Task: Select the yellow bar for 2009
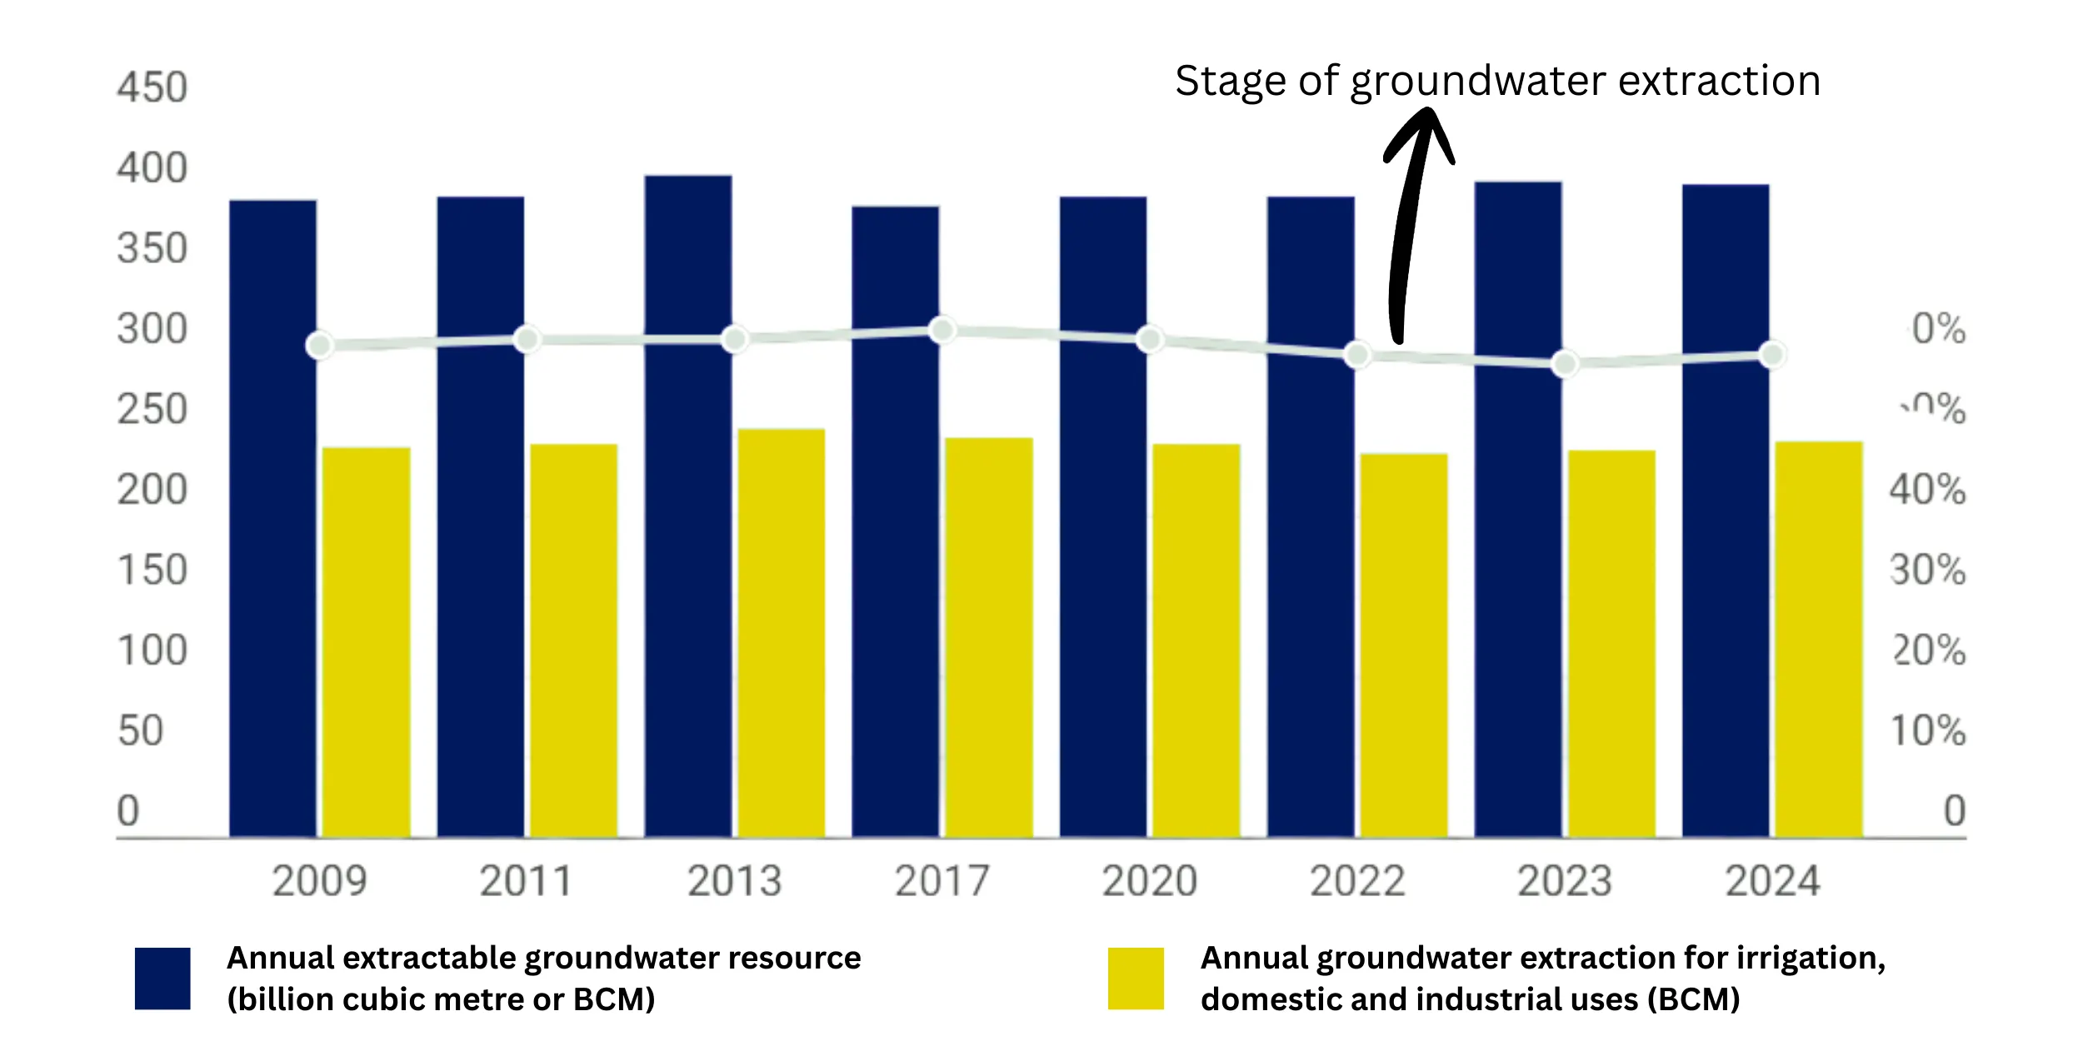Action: click(367, 641)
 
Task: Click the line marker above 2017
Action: click(942, 330)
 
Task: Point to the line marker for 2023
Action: click(1565, 364)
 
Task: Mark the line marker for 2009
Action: click(320, 345)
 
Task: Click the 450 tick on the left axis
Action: click(152, 87)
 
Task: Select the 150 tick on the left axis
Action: click(152, 570)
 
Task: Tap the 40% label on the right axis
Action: click(1927, 490)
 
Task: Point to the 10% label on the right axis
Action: click(1927, 731)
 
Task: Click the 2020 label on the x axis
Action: click(1150, 881)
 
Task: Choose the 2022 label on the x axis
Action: click(1357, 881)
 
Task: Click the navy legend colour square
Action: click(162, 978)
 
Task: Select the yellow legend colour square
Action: click(1136, 978)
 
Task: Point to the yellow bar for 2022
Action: click(1404, 645)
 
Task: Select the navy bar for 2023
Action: click(1518, 508)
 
